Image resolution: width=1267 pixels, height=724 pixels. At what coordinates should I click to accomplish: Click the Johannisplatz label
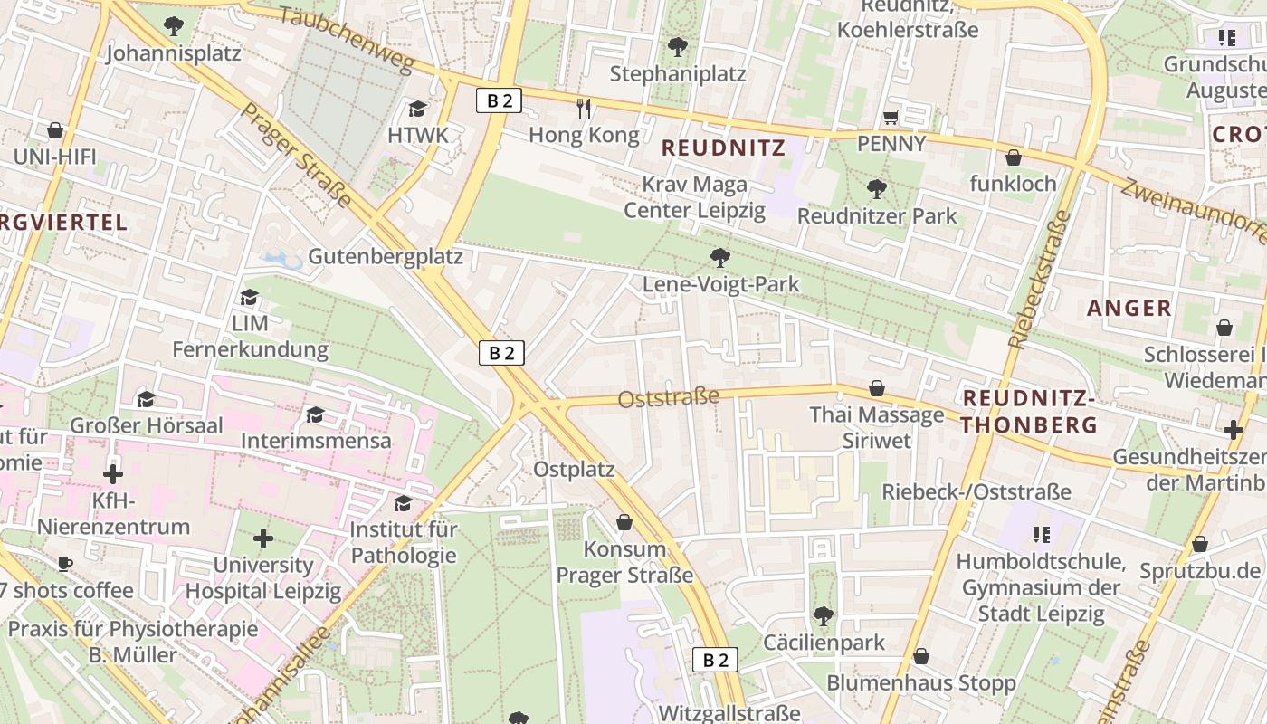[174, 53]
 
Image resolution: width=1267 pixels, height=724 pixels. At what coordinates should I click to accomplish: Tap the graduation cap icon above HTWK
[417, 110]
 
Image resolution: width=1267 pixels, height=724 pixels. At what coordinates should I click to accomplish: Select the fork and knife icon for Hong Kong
[584, 109]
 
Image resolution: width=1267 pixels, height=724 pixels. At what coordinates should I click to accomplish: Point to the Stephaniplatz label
[678, 73]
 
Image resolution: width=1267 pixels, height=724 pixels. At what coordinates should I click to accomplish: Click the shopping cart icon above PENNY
[891, 117]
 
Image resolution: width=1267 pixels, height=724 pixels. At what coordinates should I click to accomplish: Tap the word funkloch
[1013, 184]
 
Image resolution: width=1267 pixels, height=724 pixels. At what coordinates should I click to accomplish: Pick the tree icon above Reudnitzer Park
[876, 189]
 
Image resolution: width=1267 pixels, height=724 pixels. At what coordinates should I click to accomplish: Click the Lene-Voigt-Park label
[720, 284]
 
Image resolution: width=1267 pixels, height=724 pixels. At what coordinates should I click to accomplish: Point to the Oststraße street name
[669, 397]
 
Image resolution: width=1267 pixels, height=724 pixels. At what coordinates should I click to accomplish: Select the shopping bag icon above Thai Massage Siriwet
[877, 389]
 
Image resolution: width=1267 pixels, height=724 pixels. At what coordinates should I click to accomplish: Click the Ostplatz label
[574, 470]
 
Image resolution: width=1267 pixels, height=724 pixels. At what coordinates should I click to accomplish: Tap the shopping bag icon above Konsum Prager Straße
[624, 522]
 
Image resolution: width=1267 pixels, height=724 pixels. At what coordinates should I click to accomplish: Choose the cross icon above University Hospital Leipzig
[263, 539]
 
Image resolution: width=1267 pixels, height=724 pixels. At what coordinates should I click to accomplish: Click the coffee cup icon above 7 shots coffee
[64, 565]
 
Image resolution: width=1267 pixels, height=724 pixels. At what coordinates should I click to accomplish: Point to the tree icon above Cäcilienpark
[823, 616]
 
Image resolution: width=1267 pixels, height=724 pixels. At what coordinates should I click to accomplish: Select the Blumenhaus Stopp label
[921, 682]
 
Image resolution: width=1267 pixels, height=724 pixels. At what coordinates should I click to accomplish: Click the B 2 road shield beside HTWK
[499, 100]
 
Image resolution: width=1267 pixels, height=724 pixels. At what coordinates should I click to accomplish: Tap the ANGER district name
[1129, 308]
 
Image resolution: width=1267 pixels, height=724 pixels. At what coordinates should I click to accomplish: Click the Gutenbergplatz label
[386, 256]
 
